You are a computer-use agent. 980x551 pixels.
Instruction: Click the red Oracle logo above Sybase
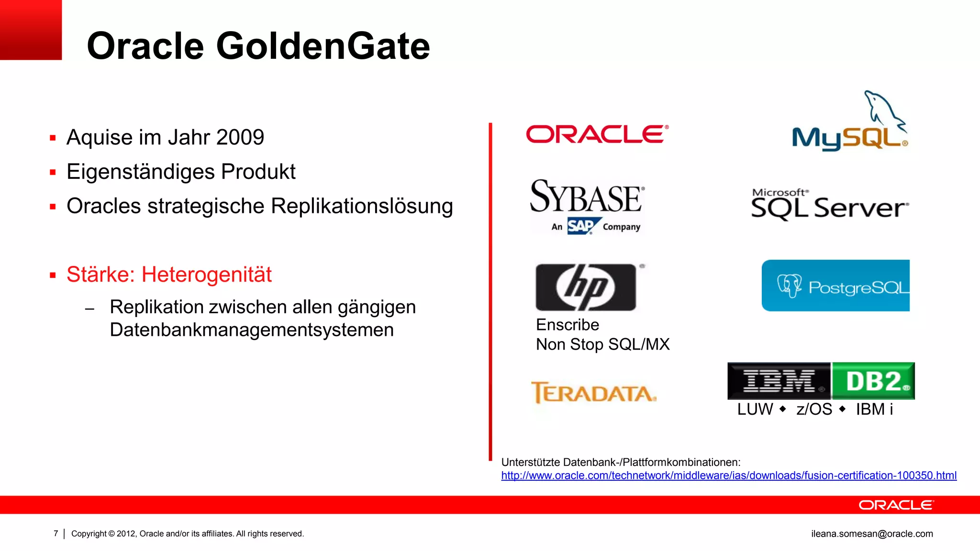click(597, 134)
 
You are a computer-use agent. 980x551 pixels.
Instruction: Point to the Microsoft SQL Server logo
click(829, 205)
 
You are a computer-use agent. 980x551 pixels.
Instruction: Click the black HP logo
click(586, 287)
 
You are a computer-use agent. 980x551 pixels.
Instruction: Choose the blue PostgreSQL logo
click(835, 286)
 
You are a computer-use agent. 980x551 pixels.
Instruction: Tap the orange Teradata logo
click(593, 393)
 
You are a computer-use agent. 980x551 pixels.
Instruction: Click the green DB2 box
click(873, 381)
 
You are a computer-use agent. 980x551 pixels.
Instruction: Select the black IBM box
click(779, 381)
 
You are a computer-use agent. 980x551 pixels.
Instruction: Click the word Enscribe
click(568, 325)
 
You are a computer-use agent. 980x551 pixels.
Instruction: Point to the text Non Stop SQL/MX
click(602, 344)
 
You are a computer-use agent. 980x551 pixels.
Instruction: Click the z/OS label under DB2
click(814, 409)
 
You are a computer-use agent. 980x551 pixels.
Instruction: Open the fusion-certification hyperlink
click(728, 475)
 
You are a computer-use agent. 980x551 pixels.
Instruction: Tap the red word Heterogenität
click(206, 275)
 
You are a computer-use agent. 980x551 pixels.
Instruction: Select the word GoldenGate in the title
click(323, 46)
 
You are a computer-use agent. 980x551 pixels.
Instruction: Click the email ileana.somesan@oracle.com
click(872, 534)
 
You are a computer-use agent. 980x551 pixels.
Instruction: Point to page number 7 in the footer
click(56, 533)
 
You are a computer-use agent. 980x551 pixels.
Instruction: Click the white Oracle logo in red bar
click(896, 505)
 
